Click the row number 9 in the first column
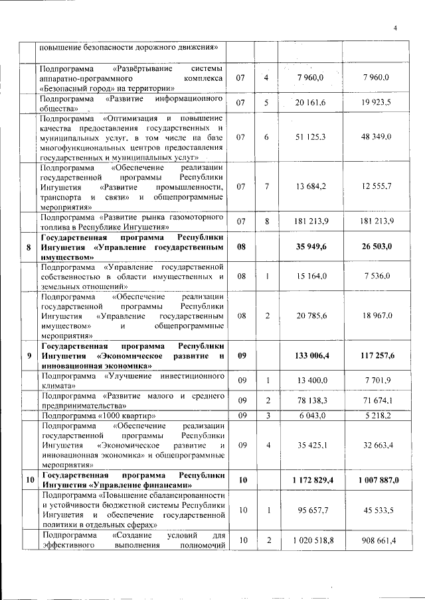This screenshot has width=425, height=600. pos(28,356)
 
